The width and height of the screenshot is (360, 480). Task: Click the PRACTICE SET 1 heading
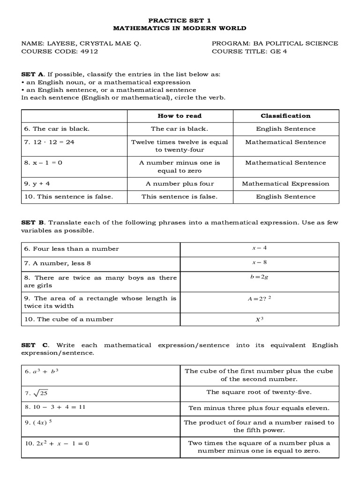point(180,21)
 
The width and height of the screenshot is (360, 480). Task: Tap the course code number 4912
point(89,52)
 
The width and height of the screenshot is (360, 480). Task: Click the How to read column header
point(180,116)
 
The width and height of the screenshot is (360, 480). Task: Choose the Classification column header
point(285,116)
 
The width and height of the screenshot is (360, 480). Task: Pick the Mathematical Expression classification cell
point(285,184)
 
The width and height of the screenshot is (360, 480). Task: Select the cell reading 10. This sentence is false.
point(68,197)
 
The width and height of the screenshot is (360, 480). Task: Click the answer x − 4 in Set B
point(259,248)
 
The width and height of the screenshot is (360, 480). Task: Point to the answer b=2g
point(259,277)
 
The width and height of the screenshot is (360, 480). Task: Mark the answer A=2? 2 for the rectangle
point(259,298)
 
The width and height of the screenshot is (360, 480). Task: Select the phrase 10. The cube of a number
point(68,319)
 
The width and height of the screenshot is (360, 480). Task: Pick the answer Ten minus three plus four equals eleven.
point(259,408)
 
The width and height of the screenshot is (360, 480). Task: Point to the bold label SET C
point(31,345)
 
